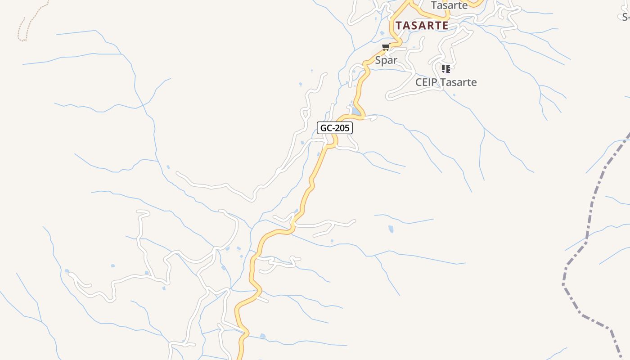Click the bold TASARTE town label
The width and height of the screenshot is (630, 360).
tap(422, 26)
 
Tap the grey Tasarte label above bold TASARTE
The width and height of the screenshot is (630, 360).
tap(449, 5)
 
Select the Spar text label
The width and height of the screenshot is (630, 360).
tap(386, 60)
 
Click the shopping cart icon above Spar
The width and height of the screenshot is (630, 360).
tap(386, 47)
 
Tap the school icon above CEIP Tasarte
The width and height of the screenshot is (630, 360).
tap(445, 68)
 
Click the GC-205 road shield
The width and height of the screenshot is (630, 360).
tap(335, 128)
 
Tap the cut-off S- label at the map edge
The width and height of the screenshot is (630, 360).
tap(625, 17)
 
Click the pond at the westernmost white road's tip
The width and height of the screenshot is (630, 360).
tap(67, 271)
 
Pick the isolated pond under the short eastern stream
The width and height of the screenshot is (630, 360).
tap(391, 229)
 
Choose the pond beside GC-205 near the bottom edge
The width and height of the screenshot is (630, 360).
tap(263, 336)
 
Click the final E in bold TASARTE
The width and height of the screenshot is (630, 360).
tap(445, 26)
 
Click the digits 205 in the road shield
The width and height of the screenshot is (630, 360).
tap(342, 128)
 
